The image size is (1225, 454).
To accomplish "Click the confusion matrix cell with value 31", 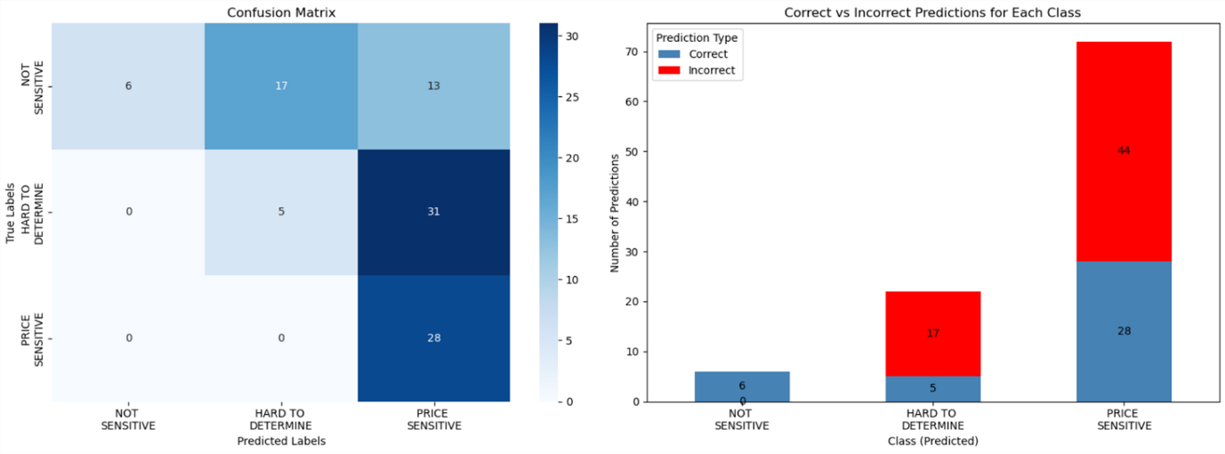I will tap(434, 213).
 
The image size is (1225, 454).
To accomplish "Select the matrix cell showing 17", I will tap(281, 87).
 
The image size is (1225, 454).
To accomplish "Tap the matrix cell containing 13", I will tap(434, 87).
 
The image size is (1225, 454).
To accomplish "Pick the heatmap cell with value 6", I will tap(129, 87).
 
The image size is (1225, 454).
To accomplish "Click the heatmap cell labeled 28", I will tap(434, 338).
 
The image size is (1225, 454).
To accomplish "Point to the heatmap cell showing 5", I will tap(281, 213).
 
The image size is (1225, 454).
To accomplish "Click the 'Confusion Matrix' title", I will tap(281, 12).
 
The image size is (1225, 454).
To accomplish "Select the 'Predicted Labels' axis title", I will tap(281, 441).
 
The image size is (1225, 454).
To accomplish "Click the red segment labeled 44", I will tap(1124, 151).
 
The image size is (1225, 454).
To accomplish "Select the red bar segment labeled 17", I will tap(932, 334).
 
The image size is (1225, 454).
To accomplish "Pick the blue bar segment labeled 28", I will tap(1124, 331).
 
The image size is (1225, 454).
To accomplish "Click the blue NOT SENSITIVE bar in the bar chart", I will tap(742, 386).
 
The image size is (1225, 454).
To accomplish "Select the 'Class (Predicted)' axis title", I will tap(932, 441).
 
